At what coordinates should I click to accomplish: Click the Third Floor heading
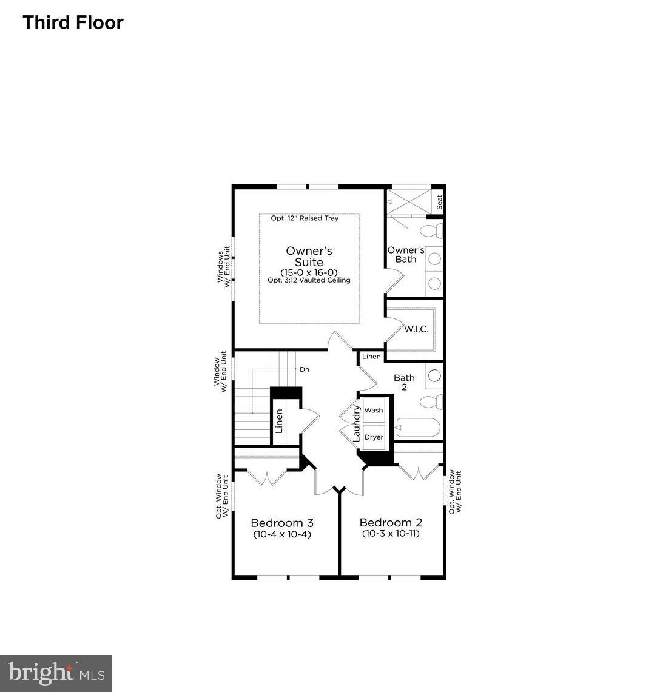(73, 22)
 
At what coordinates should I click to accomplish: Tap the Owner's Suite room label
(309, 257)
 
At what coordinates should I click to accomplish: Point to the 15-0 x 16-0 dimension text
(309, 272)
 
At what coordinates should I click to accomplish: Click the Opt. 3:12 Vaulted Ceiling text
(309, 280)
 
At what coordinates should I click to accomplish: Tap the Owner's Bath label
(406, 255)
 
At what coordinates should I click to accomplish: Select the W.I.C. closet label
(416, 329)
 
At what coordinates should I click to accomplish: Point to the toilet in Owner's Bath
(432, 231)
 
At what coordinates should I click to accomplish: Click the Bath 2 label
(404, 382)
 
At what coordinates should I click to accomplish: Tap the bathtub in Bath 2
(417, 428)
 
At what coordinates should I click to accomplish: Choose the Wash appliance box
(374, 410)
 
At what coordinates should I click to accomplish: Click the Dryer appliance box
(374, 437)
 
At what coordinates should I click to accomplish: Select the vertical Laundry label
(357, 423)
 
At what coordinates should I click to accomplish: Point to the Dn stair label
(305, 369)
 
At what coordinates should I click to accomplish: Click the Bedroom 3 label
(282, 523)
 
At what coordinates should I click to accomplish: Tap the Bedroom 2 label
(391, 523)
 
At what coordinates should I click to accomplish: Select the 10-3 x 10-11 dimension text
(391, 534)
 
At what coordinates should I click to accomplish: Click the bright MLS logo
(56, 673)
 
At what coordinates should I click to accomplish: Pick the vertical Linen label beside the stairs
(279, 421)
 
